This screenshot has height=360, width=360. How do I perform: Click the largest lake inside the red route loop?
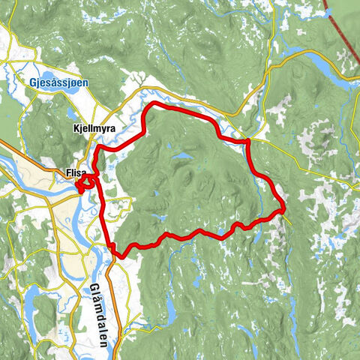pyautogui.click(x=182, y=157)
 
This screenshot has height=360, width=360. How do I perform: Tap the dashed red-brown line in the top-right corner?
pyautogui.click(x=342, y=30)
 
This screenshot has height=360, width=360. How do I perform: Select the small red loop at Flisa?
pyautogui.click(x=87, y=182)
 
